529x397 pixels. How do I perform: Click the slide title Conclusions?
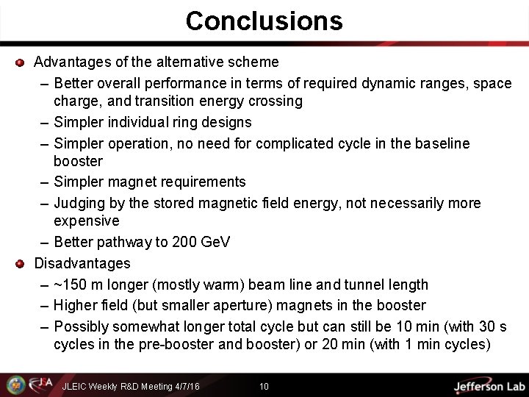pos(264,21)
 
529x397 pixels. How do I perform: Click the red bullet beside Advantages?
pos(21,62)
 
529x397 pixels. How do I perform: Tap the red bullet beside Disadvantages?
pos(21,263)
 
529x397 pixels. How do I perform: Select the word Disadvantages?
pos(82,263)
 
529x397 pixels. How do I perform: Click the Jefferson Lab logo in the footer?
pos(488,386)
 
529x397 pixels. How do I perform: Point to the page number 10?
pos(264,386)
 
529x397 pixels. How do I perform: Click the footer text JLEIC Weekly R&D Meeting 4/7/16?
pos(131,386)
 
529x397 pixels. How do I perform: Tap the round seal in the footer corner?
pos(15,385)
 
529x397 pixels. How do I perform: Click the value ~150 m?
pos(82,285)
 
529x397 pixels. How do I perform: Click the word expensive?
pos(86,221)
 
